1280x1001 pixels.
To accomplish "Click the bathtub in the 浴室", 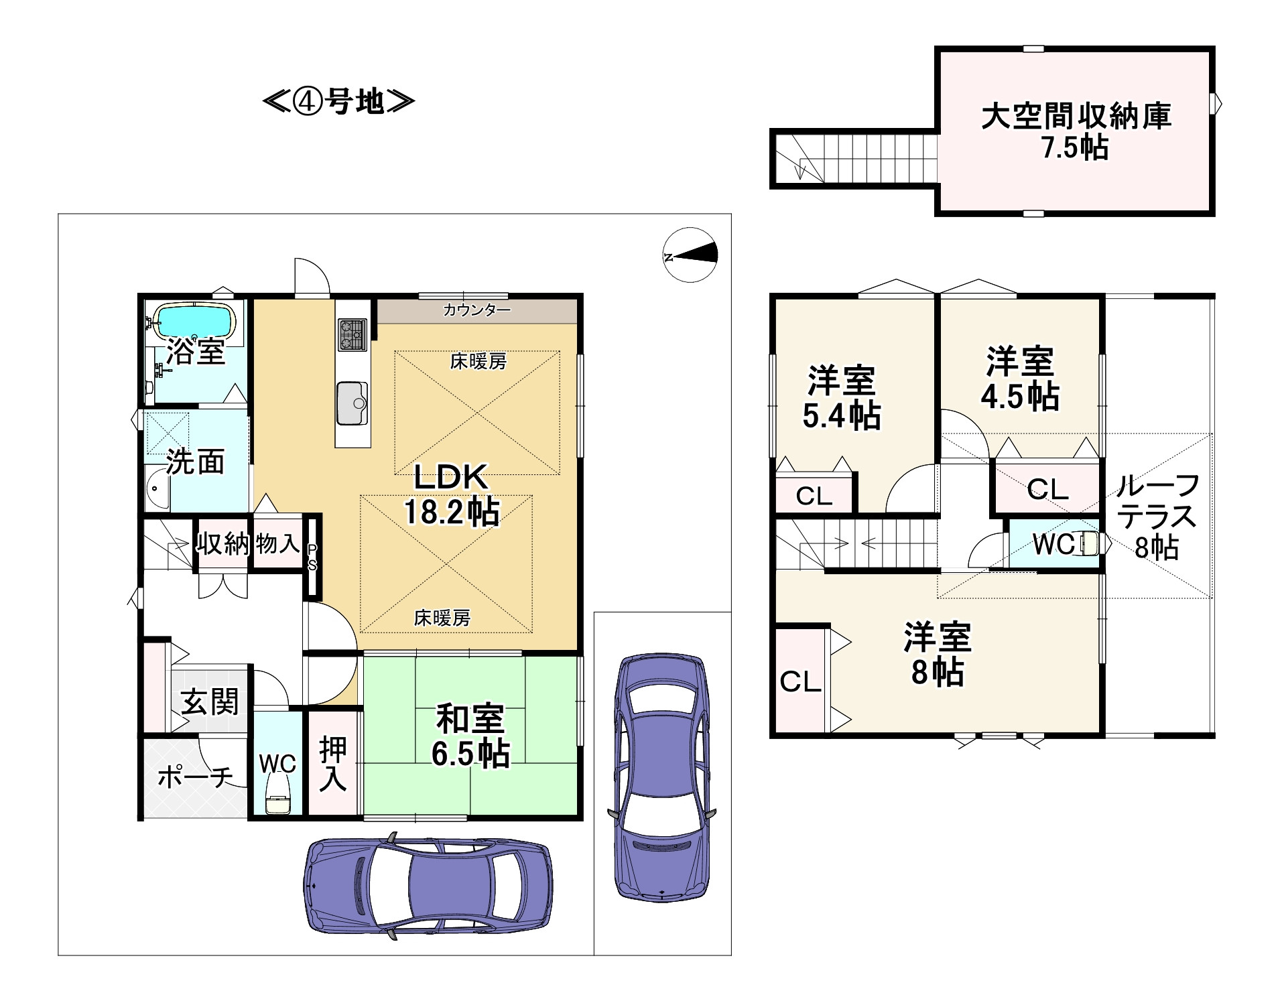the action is pyautogui.click(x=194, y=322).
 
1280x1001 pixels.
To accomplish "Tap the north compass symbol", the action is pyautogui.click(x=690, y=255).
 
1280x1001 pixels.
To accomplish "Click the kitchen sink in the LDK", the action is pyautogui.click(x=353, y=403).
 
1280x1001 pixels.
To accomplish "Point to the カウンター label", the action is pyautogui.click(x=476, y=310).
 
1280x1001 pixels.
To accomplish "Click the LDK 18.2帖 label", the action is pyautogui.click(x=450, y=494).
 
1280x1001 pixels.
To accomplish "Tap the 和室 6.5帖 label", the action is pyautogui.click(x=470, y=736).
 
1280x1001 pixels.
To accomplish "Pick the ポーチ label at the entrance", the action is pyautogui.click(x=195, y=777).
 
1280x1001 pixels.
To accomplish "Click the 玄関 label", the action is pyautogui.click(x=210, y=703).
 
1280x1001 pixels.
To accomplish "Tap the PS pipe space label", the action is pyautogui.click(x=312, y=557).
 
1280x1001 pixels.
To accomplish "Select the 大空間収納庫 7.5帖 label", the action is pyautogui.click(x=1076, y=132).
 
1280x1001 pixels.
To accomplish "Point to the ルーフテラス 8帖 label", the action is pyautogui.click(x=1157, y=517).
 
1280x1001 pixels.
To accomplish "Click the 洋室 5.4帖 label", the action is pyautogui.click(x=842, y=398).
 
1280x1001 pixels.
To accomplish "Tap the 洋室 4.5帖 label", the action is pyautogui.click(x=1020, y=379).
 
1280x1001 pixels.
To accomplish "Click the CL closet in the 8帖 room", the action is pyautogui.click(x=800, y=681).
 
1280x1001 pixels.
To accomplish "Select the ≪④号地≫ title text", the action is pyautogui.click(x=338, y=103).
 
